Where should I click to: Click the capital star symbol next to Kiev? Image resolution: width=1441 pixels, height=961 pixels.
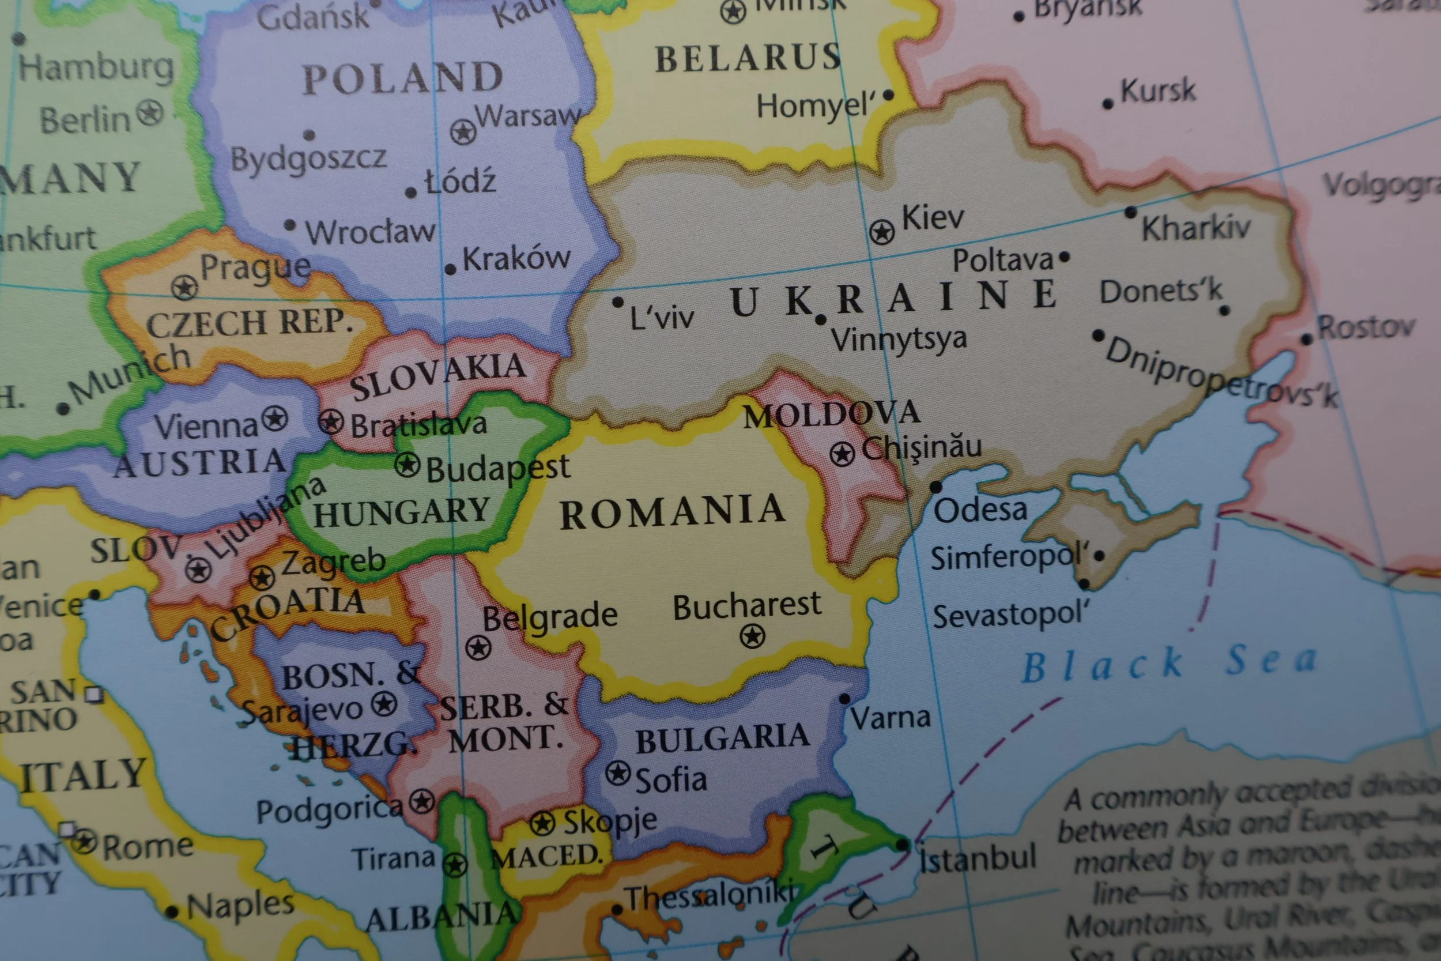[882, 232]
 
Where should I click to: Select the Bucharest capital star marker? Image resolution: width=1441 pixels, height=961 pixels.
[752, 636]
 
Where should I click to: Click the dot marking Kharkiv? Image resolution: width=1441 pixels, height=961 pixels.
[1130, 213]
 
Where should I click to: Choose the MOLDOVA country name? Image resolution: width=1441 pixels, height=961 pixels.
[831, 414]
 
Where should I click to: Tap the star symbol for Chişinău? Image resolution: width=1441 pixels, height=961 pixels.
[843, 454]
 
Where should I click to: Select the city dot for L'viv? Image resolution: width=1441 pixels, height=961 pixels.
[617, 302]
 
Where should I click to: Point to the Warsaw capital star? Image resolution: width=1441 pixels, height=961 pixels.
[463, 132]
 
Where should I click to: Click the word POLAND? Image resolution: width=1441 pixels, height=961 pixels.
[402, 78]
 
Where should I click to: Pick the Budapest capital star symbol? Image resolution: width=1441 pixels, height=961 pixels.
[407, 465]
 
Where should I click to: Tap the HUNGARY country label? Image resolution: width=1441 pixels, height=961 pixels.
[401, 513]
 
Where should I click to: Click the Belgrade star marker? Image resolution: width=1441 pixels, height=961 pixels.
[478, 647]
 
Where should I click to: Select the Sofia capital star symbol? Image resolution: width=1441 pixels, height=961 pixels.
[618, 774]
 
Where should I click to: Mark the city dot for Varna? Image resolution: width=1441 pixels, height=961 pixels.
[844, 699]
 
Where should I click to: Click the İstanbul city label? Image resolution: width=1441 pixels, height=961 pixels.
[978, 858]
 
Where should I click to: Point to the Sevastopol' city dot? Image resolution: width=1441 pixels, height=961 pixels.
[1084, 584]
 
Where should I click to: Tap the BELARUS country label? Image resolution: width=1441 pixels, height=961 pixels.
[748, 59]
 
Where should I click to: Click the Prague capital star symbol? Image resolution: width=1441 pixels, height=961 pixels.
[184, 287]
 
